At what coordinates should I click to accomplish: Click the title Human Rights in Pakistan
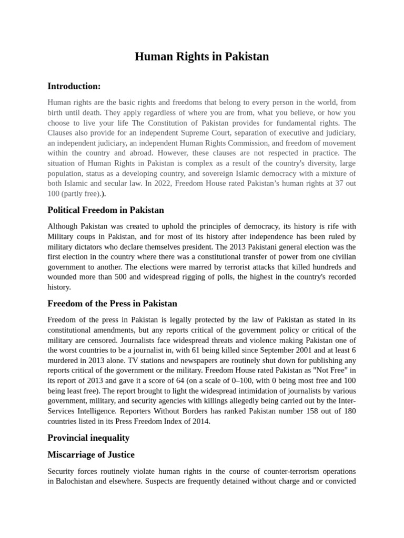point(202,57)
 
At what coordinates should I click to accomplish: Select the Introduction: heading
point(74,86)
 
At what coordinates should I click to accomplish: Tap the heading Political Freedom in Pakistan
point(106,210)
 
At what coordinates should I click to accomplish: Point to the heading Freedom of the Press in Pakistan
point(112,304)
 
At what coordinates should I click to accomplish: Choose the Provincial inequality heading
point(88,438)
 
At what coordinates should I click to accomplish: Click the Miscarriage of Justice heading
point(91,454)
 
